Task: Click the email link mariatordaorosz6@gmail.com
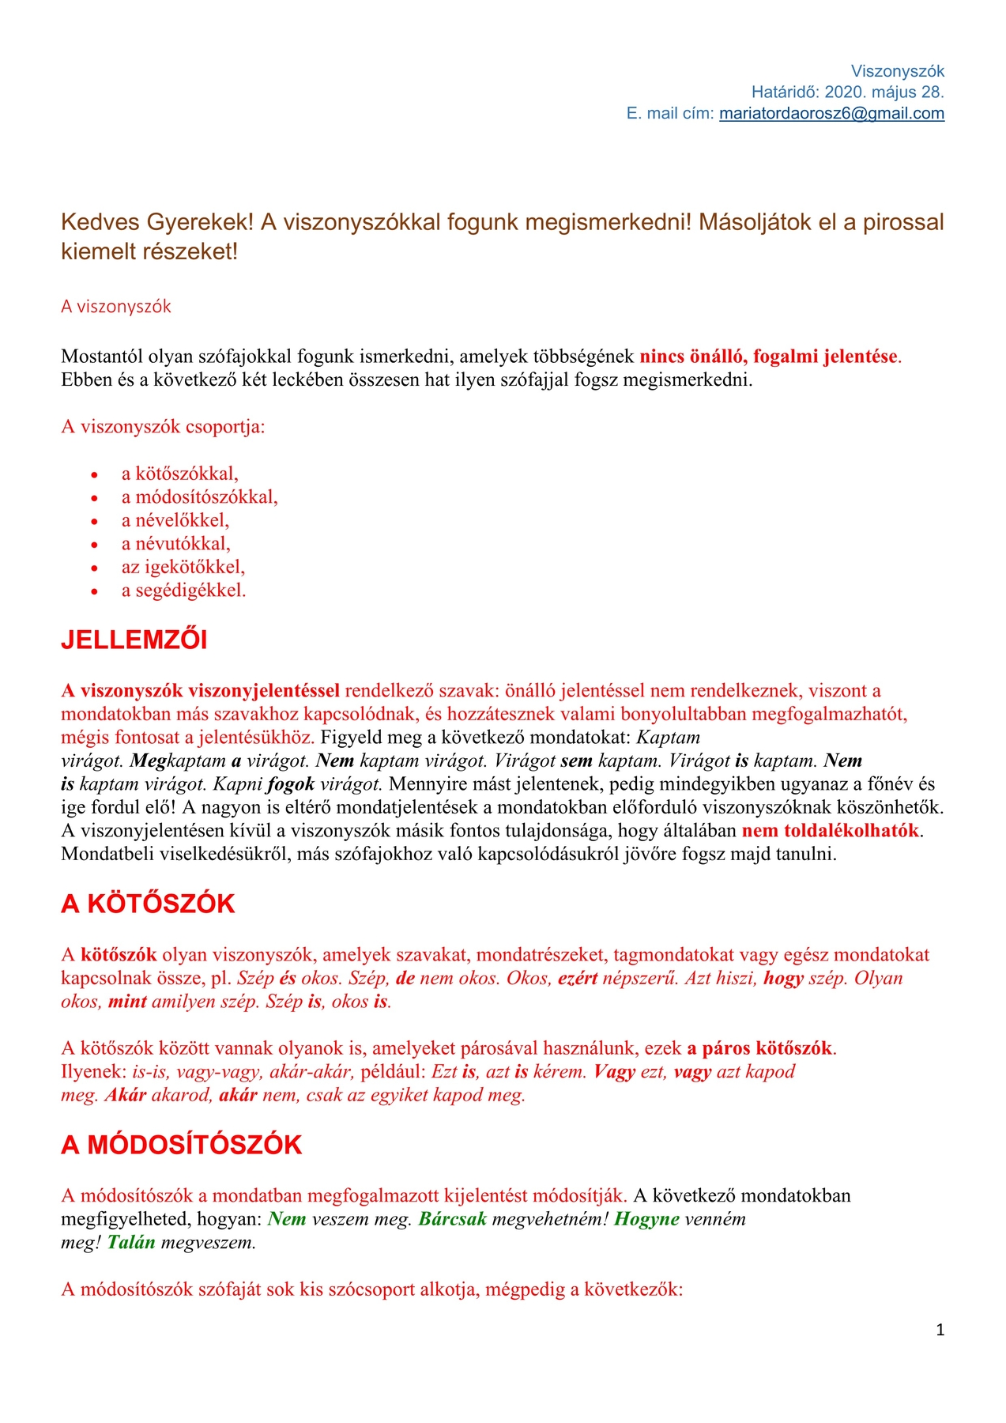(831, 114)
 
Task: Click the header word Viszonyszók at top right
(897, 71)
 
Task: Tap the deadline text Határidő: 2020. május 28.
(847, 92)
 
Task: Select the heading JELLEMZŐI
(134, 640)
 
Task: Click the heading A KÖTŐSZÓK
(148, 904)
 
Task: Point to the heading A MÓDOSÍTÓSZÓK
(181, 1146)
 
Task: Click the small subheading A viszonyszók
(116, 307)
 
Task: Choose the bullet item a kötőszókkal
(179, 474)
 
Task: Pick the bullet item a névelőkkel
(175, 520)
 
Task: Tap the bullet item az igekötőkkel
(183, 567)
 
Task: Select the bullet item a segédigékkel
(183, 591)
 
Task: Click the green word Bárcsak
(452, 1219)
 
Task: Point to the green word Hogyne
(646, 1219)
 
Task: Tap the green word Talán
(131, 1243)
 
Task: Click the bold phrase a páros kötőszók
(759, 1049)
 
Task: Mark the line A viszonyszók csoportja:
(163, 427)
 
